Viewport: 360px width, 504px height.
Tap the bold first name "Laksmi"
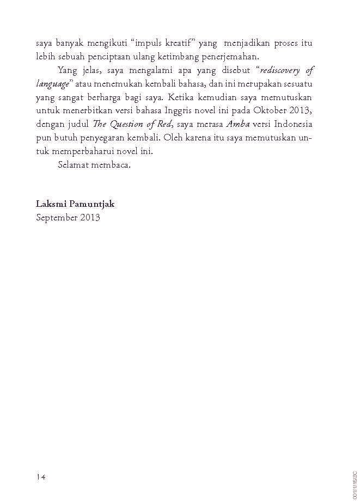coord(51,204)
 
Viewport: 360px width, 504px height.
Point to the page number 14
coord(41,477)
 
